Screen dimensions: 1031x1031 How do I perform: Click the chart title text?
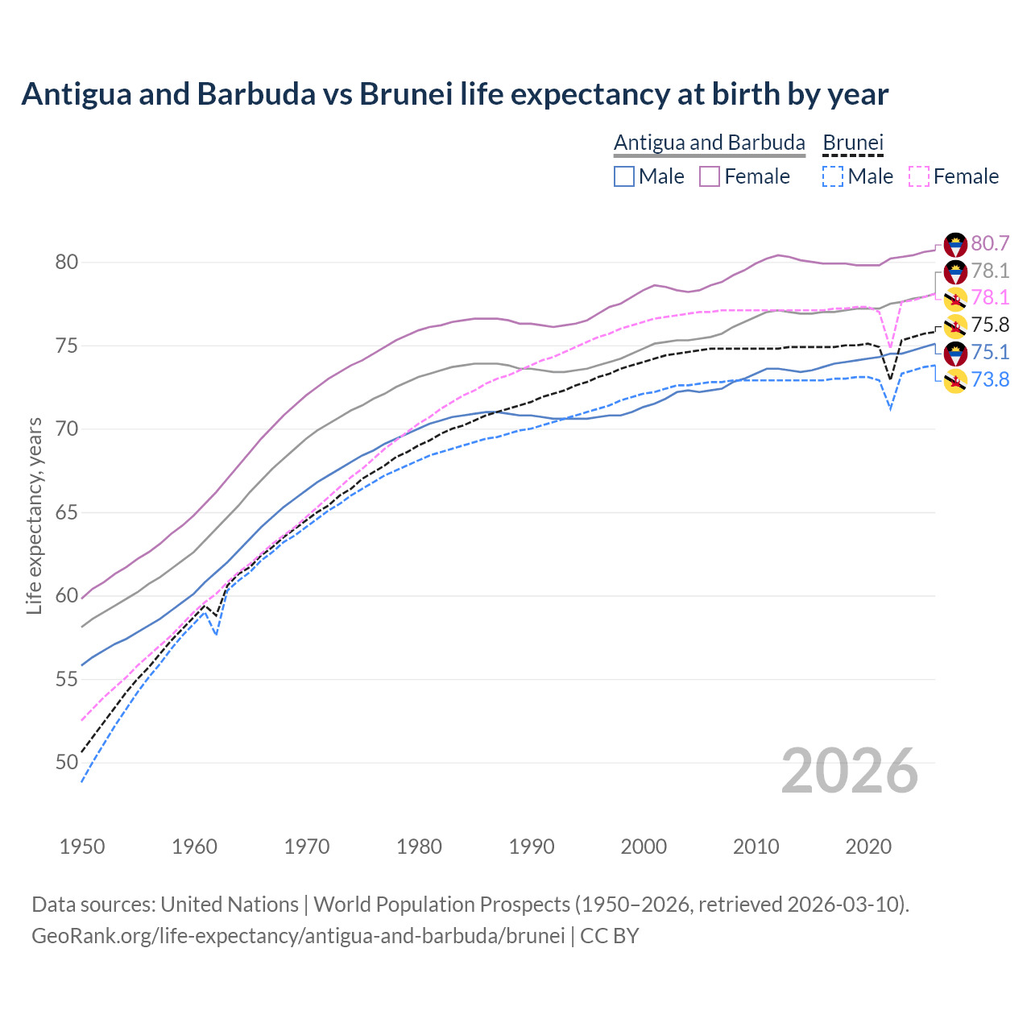click(454, 94)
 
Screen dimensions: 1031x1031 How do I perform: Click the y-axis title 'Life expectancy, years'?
click(34, 515)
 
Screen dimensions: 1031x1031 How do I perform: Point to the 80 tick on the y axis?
click(67, 263)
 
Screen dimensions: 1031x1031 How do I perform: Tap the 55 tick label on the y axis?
click(67, 679)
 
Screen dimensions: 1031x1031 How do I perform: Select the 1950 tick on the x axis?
click(82, 847)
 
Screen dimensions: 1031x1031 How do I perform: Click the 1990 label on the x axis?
click(532, 847)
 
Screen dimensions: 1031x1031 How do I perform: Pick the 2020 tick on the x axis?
click(869, 847)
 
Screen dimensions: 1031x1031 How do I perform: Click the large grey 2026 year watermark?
click(849, 771)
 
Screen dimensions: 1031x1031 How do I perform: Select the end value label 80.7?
click(990, 243)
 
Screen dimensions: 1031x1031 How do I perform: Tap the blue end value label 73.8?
click(990, 379)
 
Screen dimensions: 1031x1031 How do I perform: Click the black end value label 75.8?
click(990, 325)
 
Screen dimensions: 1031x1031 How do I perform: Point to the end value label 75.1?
click(990, 352)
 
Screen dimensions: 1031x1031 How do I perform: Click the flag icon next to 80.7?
click(955, 244)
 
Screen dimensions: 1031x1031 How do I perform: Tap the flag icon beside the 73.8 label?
click(955, 380)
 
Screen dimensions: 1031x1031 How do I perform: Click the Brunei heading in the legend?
click(853, 143)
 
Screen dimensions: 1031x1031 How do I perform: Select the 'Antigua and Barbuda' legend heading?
click(709, 143)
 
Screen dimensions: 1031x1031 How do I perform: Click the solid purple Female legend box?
click(710, 176)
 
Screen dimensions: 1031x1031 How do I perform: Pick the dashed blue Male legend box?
click(833, 176)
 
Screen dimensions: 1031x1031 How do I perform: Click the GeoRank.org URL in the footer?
click(298, 936)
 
